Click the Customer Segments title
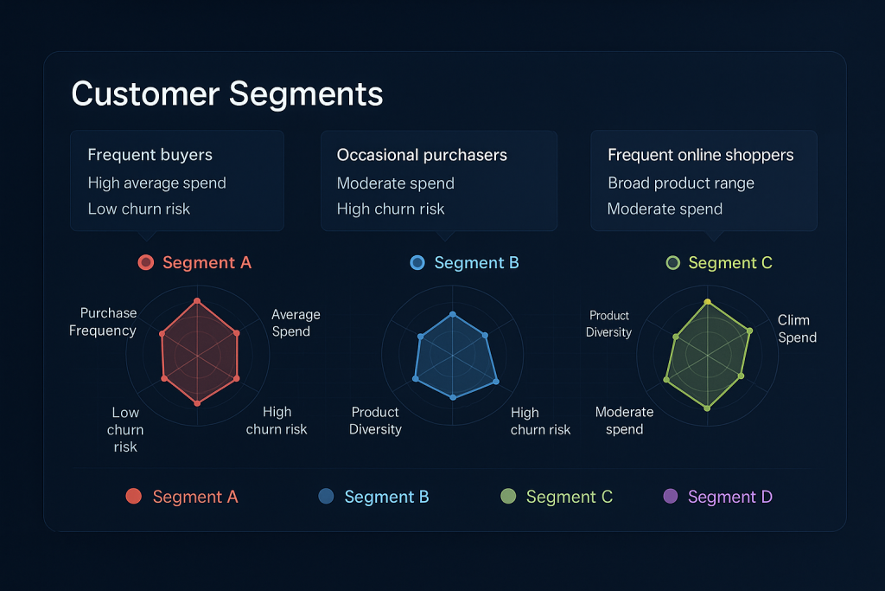pyautogui.click(x=226, y=93)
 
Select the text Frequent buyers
pyautogui.click(x=150, y=155)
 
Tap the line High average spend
pyautogui.click(x=156, y=183)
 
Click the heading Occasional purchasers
pyautogui.click(x=422, y=155)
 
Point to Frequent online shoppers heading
pyautogui.click(x=700, y=155)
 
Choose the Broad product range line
pyautogui.click(x=680, y=183)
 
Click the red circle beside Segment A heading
pyautogui.click(x=146, y=262)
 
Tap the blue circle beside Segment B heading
pyautogui.click(x=417, y=262)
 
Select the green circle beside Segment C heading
pyautogui.click(x=673, y=262)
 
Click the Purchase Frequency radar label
pyautogui.click(x=104, y=322)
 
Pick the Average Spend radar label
pyautogui.click(x=295, y=323)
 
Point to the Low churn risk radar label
pyautogui.click(x=125, y=429)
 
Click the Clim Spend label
pyautogui.click(x=796, y=329)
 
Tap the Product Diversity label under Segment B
pyautogui.click(x=375, y=421)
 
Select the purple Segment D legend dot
pyautogui.click(x=670, y=496)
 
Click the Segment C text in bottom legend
pyautogui.click(x=569, y=497)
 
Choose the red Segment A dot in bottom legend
pyautogui.click(x=133, y=496)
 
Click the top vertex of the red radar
pyautogui.click(x=198, y=302)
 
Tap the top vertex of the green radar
pyautogui.click(x=708, y=303)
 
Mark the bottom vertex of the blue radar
pyautogui.click(x=453, y=397)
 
